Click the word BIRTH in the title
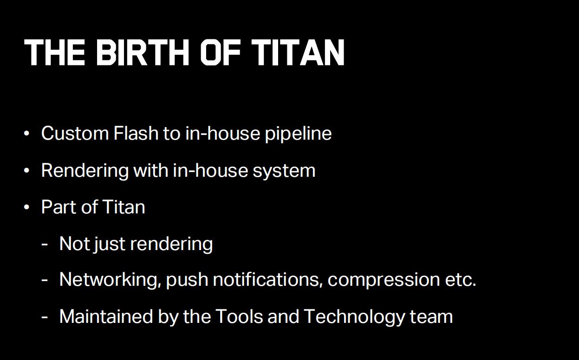pos(143,52)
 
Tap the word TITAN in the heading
pos(298,52)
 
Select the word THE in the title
pos(54,52)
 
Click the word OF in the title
pos(221,52)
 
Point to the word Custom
pos(75,133)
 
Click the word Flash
pos(136,133)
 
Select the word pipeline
pos(298,134)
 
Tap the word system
pos(284,172)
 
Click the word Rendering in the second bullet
pos(85,171)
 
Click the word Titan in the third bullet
pos(124,207)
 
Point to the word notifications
pos(268,279)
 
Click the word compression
pos(384,281)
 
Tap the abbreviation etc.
pos(461,280)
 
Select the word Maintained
pos(106,316)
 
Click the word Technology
pos(354,317)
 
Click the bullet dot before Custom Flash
pos(26,134)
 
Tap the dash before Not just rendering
pos(45,244)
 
